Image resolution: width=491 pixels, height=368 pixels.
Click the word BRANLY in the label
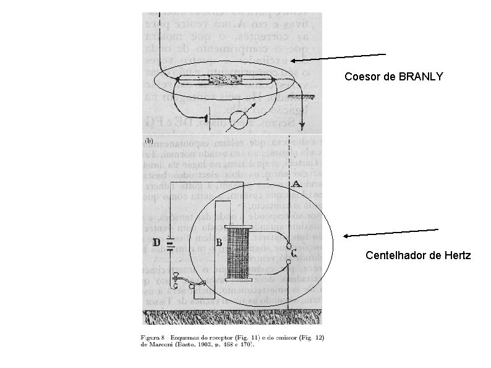pos(421,77)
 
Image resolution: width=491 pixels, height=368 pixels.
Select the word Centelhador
pos(393,255)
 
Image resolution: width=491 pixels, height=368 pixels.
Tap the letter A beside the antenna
pos(296,184)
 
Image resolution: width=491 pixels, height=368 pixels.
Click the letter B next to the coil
pos(219,243)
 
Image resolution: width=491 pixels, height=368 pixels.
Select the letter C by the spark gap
pos(294,252)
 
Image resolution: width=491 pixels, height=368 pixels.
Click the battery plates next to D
pos(171,244)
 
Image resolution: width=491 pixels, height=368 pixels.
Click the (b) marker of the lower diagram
pos(148,140)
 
